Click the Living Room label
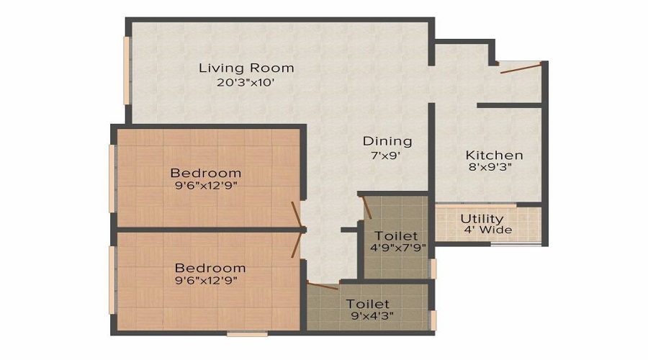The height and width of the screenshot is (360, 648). [x=246, y=68]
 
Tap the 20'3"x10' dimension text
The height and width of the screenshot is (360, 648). [x=246, y=83]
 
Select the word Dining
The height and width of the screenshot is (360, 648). [x=387, y=141]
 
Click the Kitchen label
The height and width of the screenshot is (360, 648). [x=494, y=156]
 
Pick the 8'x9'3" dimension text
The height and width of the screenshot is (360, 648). [x=494, y=169]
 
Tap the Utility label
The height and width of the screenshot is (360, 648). [x=482, y=219]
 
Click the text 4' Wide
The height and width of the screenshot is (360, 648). [x=488, y=230]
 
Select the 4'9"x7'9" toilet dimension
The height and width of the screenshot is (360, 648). [x=398, y=248]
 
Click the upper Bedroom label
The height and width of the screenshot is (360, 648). [x=206, y=174]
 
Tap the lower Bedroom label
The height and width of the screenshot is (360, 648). [x=210, y=268]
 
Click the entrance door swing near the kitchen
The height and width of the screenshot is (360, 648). [x=520, y=68]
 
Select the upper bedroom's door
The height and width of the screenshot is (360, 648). [x=297, y=215]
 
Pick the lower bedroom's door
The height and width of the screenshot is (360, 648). [x=297, y=244]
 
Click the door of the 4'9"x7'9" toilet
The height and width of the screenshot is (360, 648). [x=366, y=207]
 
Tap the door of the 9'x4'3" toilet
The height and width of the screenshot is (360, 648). [x=322, y=286]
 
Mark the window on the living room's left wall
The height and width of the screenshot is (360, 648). [x=126, y=71]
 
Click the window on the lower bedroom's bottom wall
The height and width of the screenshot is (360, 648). [x=247, y=333]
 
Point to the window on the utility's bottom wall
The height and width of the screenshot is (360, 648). [x=516, y=244]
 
